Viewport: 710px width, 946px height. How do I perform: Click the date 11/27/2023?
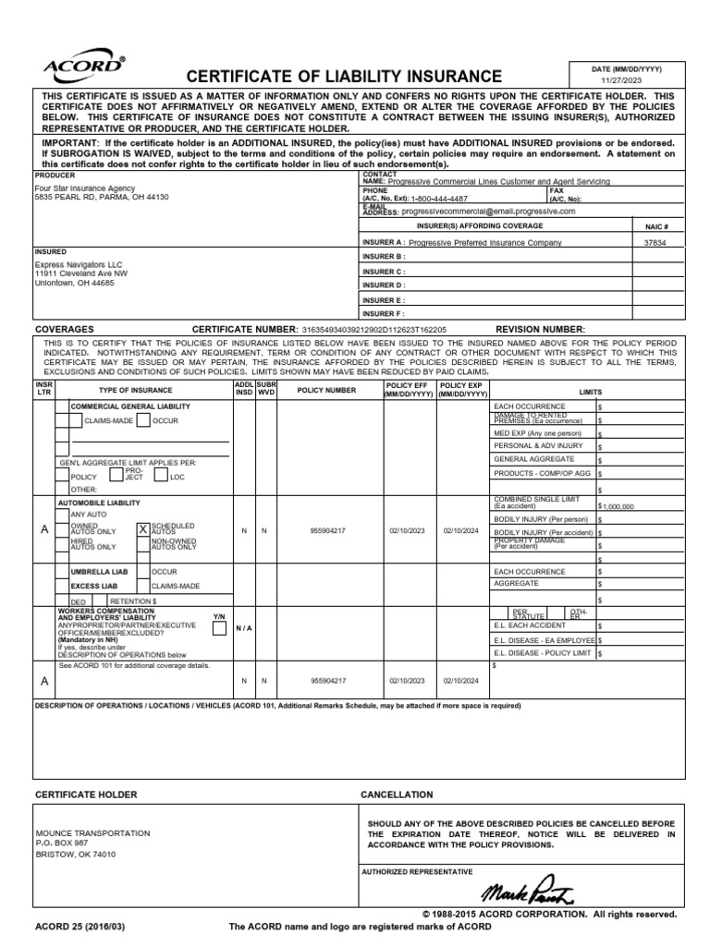pos(620,80)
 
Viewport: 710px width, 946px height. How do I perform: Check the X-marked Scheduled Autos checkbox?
pos(142,530)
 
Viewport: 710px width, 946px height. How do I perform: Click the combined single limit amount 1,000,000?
pos(619,506)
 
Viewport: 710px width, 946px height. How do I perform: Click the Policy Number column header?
pos(326,390)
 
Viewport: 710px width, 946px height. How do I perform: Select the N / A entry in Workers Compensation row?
pos(244,628)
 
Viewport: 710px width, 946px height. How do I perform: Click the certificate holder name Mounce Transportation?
pos(92,832)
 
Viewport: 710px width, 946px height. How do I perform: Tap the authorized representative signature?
pos(528,891)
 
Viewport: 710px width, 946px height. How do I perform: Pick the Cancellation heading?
pos(397,794)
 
